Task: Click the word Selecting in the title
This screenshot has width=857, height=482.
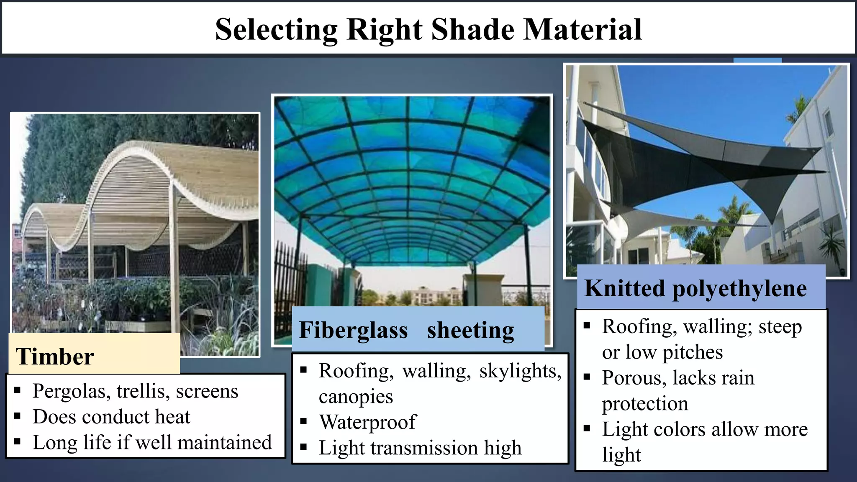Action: point(276,30)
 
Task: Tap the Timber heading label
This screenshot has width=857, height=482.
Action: point(55,357)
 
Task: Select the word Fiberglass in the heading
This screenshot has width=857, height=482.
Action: point(353,330)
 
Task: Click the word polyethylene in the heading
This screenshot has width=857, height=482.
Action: point(739,288)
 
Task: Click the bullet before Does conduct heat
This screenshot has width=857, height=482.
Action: point(17,416)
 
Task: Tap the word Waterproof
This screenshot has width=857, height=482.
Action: point(368,422)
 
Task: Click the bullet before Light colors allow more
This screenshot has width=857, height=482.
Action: point(587,428)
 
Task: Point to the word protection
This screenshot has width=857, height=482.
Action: point(645,404)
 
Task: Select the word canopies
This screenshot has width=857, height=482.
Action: point(356,397)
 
